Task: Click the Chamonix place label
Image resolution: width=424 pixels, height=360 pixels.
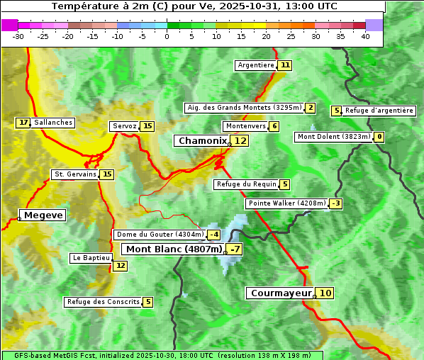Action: tap(202, 141)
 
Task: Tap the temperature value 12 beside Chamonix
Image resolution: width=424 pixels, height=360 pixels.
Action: tap(241, 141)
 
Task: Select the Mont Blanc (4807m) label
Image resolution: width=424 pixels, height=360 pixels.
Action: tap(174, 249)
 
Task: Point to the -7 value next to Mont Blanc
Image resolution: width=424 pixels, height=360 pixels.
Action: tap(235, 249)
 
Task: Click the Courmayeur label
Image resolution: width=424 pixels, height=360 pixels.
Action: tap(281, 293)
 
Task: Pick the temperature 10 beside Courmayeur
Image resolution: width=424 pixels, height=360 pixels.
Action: tap(325, 293)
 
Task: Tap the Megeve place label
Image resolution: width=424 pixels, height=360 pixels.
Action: tap(43, 215)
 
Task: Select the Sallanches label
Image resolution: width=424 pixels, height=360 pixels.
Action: tap(53, 123)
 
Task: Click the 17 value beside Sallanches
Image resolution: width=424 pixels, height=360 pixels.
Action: tap(23, 123)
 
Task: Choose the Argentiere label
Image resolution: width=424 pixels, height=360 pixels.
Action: tap(256, 65)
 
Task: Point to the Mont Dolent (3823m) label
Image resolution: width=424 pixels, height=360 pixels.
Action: tap(333, 137)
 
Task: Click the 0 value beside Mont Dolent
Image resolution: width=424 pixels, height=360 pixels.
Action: tap(379, 137)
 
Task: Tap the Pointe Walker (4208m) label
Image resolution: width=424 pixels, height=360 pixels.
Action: tap(286, 203)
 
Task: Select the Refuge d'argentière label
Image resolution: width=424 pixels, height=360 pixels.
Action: tap(379, 111)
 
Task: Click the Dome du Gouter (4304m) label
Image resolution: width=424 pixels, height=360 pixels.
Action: tap(160, 235)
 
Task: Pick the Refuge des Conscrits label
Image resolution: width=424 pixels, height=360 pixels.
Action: tap(103, 302)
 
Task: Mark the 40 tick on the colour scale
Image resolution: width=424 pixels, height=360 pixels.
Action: tap(365, 36)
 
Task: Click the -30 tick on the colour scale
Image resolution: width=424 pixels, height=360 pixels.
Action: tap(18, 36)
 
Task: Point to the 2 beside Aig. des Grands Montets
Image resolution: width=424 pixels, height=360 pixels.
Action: tap(311, 108)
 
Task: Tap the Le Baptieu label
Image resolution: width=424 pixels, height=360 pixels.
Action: tap(90, 258)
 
